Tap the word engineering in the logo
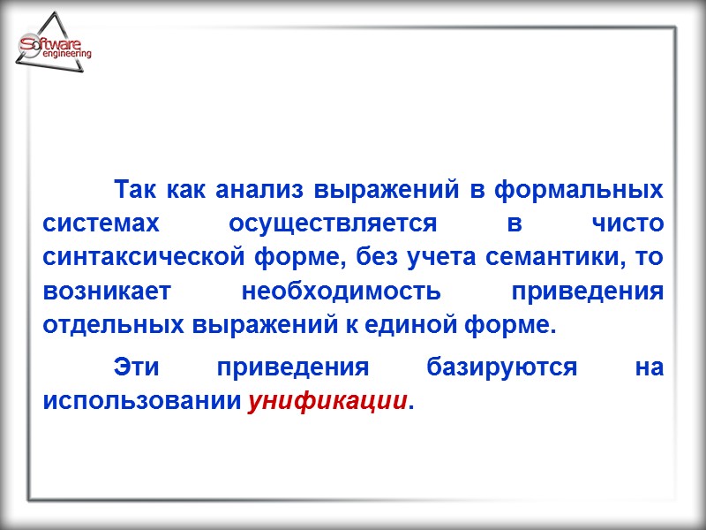(x=66, y=55)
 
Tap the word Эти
(x=137, y=368)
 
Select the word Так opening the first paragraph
(x=135, y=190)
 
